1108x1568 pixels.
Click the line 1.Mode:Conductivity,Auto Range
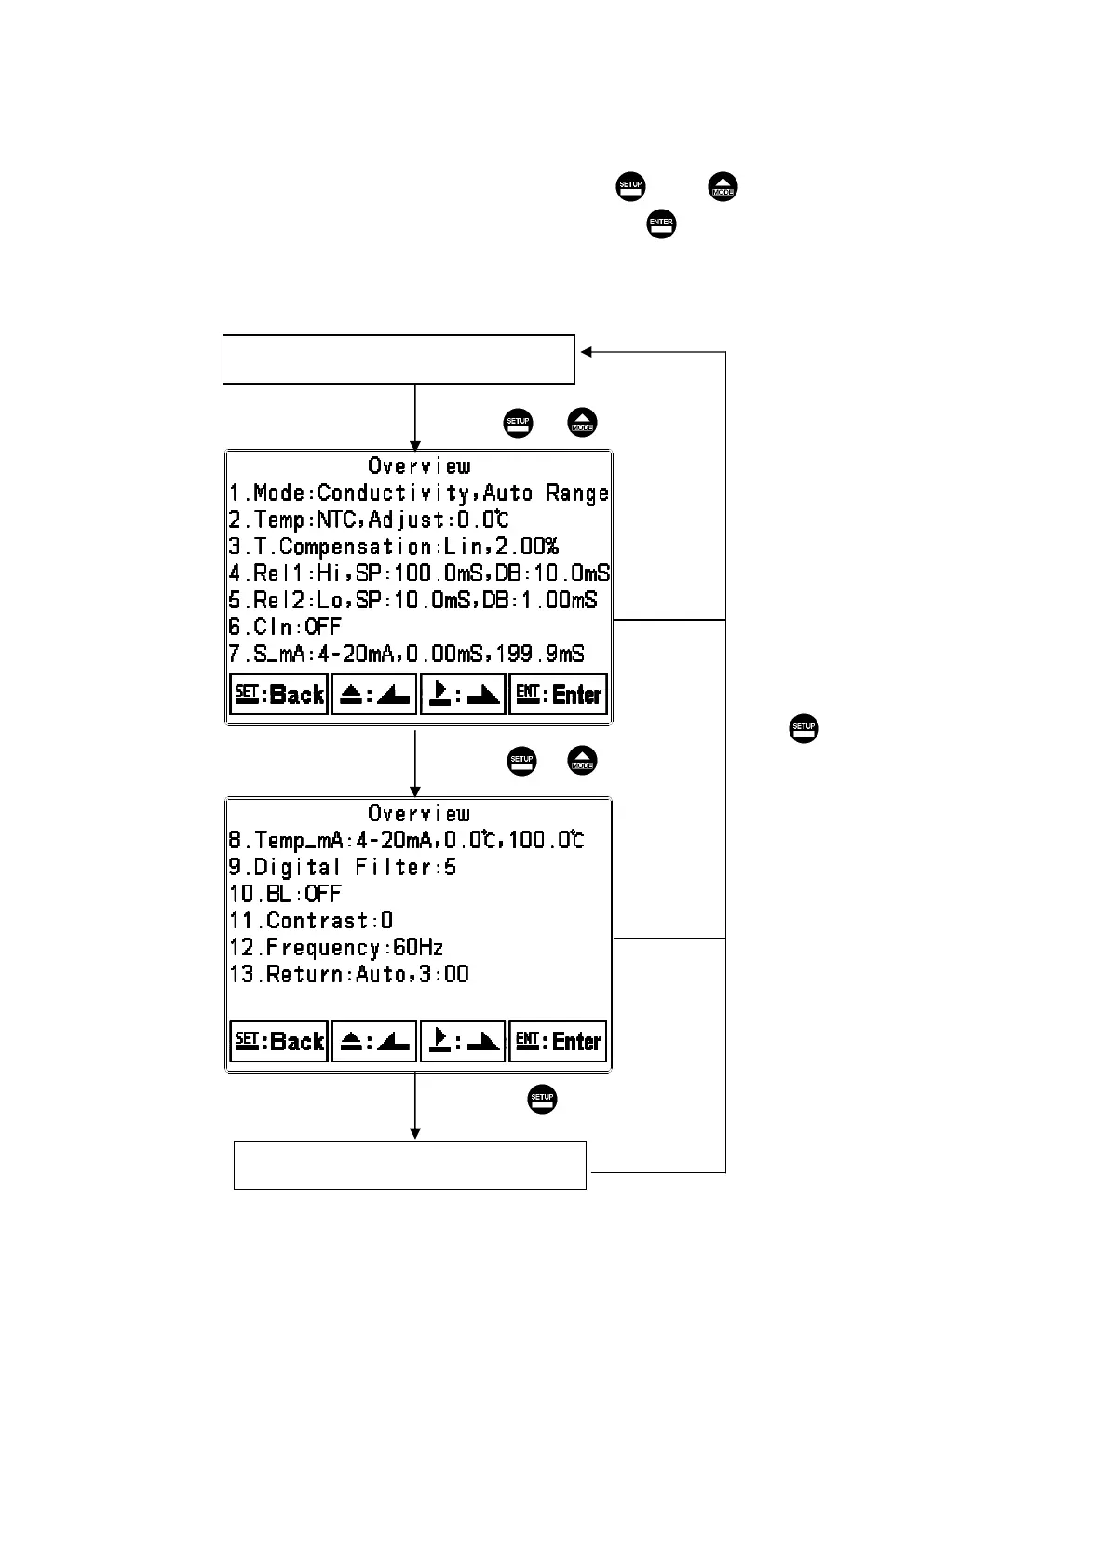click(x=419, y=493)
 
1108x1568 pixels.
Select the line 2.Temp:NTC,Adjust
click(x=370, y=520)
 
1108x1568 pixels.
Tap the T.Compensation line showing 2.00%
click(x=394, y=547)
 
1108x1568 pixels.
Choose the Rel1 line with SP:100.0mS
click(x=419, y=574)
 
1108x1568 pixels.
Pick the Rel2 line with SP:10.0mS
click(x=413, y=601)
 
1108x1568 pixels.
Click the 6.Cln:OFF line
click(x=286, y=627)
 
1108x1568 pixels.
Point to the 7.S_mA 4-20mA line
click(x=407, y=654)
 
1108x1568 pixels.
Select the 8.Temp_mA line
click(x=407, y=840)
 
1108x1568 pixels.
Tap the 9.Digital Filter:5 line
click(x=343, y=867)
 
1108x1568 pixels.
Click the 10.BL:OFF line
click(x=286, y=894)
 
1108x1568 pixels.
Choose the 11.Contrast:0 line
click(x=311, y=921)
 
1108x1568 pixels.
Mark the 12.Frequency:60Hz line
click(x=336, y=948)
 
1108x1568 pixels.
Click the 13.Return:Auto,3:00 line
click(x=349, y=975)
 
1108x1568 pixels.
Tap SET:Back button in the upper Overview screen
click(x=278, y=695)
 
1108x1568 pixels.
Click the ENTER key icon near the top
click(x=661, y=224)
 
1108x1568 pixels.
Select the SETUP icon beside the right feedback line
click(x=804, y=728)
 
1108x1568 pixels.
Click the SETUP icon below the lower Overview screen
click(x=542, y=1099)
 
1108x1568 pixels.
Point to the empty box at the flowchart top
click(x=399, y=358)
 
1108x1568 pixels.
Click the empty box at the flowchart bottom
click(x=410, y=1165)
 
